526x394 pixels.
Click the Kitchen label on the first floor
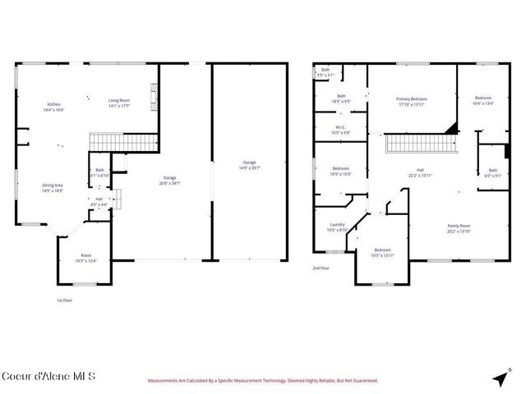click(x=54, y=108)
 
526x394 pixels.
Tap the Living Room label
click(x=120, y=103)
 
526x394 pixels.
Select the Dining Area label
click(x=53, y=187)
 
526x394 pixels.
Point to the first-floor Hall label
click(x=99, y=201)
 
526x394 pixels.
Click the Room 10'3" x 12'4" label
click(x=85, y=259)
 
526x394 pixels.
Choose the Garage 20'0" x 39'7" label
click(x=170, y=180)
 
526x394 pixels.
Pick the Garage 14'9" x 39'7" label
click(x=249, y=165)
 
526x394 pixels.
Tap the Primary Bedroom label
click(x=412, y=101)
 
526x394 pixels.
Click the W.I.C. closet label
click(x=339, y=129)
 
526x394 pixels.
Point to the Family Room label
click(x=459, y=227)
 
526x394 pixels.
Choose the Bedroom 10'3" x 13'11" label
click(x=383, y=252)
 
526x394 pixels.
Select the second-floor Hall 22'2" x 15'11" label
click(x=420, y=172)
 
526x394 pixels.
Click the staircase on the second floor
click(x=420, y=144)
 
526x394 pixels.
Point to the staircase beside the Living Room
click(x=122, y=141)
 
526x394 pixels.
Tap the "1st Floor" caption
click(x=64, y=300)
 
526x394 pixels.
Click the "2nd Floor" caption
click(x=320, y=268)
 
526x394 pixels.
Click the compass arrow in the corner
click(x=500, y=378)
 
